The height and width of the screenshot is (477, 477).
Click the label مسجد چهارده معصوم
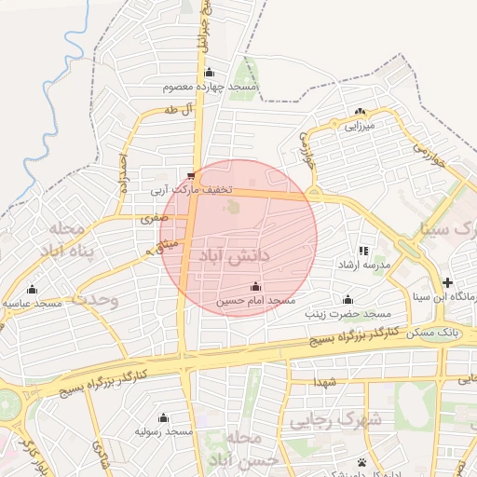211,87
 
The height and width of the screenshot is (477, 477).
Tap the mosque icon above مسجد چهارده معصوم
209,73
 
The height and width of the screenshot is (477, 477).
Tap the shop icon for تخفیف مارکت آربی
191,175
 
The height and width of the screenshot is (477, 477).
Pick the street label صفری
154,219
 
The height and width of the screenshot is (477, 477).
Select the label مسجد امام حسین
256,301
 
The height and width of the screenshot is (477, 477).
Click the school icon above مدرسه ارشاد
363,251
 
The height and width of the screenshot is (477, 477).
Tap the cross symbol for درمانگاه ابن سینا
448,282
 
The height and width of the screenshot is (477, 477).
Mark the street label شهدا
325,383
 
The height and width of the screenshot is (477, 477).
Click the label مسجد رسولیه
164,432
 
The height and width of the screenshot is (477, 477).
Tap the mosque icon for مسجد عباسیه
34,289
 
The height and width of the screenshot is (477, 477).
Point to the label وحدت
96,300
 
